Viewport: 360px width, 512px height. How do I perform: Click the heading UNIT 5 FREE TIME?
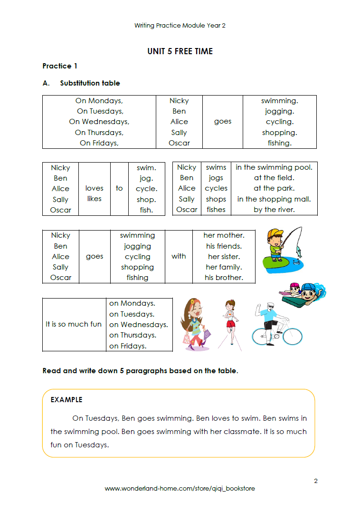pyautogui.click(x=180, y=51)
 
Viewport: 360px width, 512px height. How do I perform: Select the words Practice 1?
pyautogui.click(x=60, y=66)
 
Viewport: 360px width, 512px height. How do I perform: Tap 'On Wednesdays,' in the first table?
pyautogui.click(x=99, y=122)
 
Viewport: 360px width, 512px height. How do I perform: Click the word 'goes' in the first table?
pyautogui.click(x=222, y=121)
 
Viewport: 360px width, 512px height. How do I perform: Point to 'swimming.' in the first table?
pyautogui.click(x=279, y=101)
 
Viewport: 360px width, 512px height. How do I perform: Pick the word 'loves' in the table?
pyautogui.click(x=94, y=188)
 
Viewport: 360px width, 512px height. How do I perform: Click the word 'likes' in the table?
pyautogui.click(x=94, y=199)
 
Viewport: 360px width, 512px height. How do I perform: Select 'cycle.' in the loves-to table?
pyautogui.click(x=146, y=189)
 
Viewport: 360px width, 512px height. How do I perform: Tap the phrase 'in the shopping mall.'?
pyautogui.click(x=274, y=199)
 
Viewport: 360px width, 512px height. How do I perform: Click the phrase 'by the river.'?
pyautogui.click(x=274, y=210)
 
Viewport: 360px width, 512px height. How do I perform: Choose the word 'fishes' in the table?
pyautogui.click(x=216, y=210)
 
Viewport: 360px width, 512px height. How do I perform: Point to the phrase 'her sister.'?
pyautogui.click(x=223, y=257)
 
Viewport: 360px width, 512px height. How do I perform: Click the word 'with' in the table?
pyautogui.click(x=179, y=256)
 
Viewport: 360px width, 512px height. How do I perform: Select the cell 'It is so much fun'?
pyautogui.click(x=74, y=324)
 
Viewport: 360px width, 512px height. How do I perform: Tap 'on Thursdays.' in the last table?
pyautogui.click(x=133, y=335)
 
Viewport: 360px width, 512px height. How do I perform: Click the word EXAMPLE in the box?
pyautogui.click(x=66, y=400)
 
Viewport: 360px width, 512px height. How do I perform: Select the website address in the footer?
pyautogui.click(x=180, y=488)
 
